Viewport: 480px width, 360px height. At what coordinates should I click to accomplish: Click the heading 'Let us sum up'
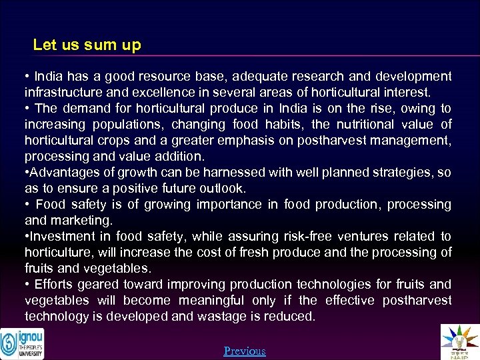click(x=87, y=45)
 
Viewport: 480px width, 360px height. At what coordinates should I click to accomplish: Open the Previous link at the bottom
click(x=245, y=351)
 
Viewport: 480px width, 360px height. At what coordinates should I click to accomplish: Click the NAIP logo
click(x=460, y=341)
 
